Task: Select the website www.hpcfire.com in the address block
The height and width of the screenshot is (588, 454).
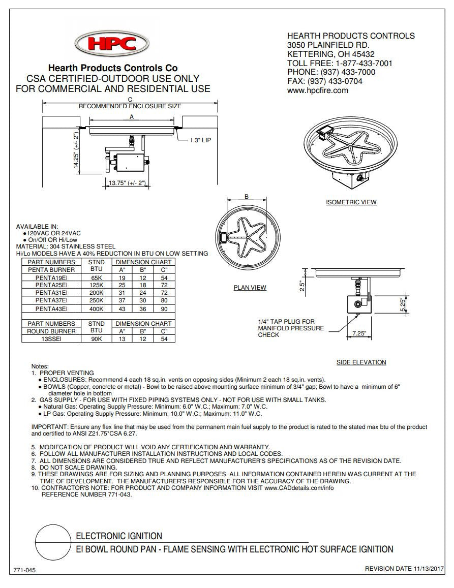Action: pyautogui.click(x=317, y=90)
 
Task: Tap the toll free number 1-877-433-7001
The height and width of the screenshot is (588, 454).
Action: pyautogui.click(x=364, y=63)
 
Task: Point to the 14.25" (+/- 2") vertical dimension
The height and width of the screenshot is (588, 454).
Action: pyautogui.click(x=76, y=150)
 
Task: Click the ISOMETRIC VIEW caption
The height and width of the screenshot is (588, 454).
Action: pyautogui.click(x=351, y=202)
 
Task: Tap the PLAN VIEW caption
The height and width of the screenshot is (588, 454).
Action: pyautogui.click(x=250, y=288)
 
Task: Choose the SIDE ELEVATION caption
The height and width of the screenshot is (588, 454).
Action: pyautogui.click(x=361, y=362)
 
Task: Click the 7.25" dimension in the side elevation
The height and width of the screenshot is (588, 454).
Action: pyautogui.click(x=359, y=333)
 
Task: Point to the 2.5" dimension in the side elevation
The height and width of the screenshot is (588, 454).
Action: pyautogui.click(x=301, y=287)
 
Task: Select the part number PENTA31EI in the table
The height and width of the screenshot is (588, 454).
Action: pyautogui.click(x=51, y=293)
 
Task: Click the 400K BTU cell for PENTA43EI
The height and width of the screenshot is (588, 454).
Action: pyautogui.click(x=96, y=308)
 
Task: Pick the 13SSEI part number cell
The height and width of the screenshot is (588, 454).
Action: pyautogui.click(x=51, y=339)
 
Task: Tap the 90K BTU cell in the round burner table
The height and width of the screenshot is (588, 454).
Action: pyautogui.click(x=96, y=339)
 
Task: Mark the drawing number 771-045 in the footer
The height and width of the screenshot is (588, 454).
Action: pyautogui.click(x=24, y=570)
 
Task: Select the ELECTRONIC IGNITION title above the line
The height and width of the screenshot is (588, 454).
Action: pyautogui.click(x=119, y=536)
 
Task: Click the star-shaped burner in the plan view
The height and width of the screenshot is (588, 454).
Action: pyautogui.click(x=249, y=238)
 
